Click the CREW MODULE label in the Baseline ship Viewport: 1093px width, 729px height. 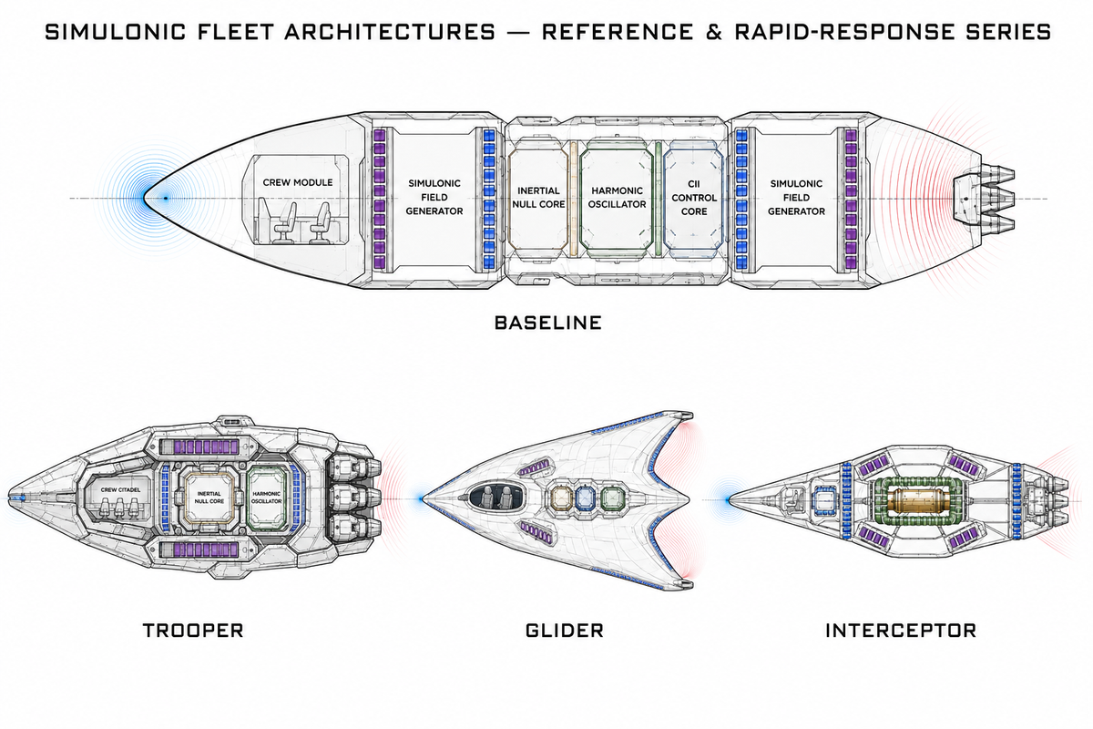[298, 182]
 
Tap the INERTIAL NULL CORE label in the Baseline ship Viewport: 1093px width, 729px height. [538, 197]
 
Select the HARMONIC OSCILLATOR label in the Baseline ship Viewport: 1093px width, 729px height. [617, 197]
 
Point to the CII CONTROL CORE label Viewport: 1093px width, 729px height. [694, 198]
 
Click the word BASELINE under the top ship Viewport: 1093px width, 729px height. [548, 323]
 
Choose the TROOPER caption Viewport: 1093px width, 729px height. [193, 631]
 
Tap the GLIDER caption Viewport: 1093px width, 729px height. [565, 631]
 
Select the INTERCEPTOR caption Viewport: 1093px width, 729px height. [901, 631]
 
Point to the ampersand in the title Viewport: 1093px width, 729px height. [714, 32]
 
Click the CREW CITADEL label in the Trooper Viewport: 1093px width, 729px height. [120, 489]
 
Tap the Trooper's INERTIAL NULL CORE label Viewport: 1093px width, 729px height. [209, 498]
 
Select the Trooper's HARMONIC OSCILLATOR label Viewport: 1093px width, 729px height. [267, 498]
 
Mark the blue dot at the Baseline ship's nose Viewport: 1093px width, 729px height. [166, 199]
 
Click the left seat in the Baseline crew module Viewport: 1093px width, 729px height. [284, 223]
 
